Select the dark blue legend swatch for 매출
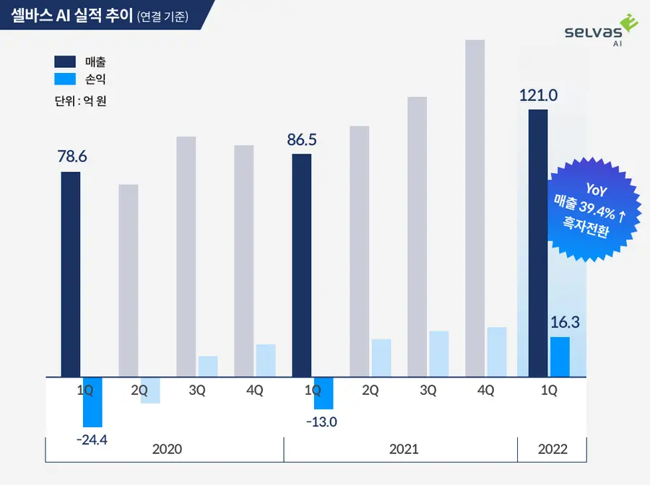[64, 61]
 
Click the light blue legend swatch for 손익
[64, 79]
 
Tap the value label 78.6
[72, 156]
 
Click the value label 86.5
[302, 139]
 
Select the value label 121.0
[538, 95]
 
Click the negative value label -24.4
[92, 438]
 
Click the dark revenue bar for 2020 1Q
[71, 274]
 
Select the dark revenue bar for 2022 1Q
[538, 242]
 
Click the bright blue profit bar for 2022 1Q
[560, 357]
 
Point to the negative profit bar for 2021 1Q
[324, 393]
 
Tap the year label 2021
[404, 449]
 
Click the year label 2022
[552, 449]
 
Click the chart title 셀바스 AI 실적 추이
[72, 15]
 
